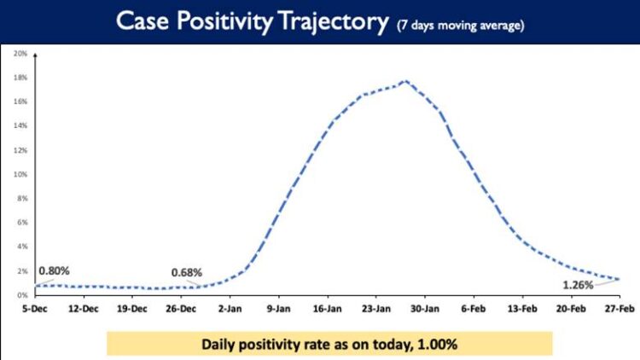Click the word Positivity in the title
234,23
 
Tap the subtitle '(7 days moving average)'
460,26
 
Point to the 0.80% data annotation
52,270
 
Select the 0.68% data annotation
186,272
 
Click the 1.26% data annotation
578,284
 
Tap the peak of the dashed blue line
405,81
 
